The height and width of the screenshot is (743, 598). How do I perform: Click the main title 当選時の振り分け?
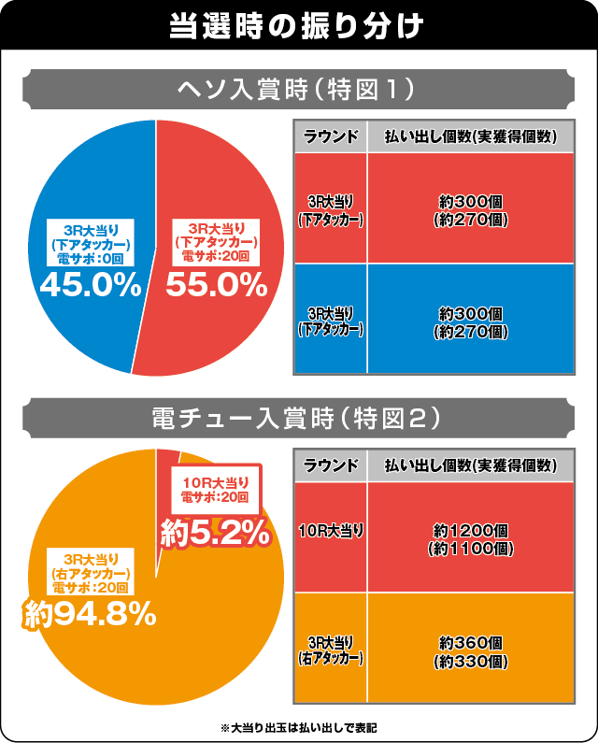click(x=298, y=24)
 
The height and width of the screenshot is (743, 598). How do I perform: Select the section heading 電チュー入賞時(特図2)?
click(x=298, y=421)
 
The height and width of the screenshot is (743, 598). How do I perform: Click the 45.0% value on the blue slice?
click(x=89, y=285)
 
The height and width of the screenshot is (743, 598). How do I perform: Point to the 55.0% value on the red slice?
click(x=217, y=285)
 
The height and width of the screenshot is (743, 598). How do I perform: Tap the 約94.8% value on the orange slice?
click(x=89, y=613)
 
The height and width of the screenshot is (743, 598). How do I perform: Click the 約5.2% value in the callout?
click(x=215, y=533)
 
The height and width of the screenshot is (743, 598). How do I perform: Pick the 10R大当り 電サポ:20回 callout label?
click(x=215, y=489)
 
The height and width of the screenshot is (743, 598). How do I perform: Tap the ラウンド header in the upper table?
click(x=331, y=136)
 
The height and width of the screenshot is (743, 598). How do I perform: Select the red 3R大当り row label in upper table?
click(x=331, y=210)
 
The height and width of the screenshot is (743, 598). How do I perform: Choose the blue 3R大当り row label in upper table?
click(x=331, y=320)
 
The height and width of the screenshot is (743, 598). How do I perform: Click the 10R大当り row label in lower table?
click(x=331, y=531)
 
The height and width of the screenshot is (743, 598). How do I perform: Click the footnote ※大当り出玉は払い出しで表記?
click(x=299, y=726)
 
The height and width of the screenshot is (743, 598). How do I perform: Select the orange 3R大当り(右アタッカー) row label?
click(x=331, y=650)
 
